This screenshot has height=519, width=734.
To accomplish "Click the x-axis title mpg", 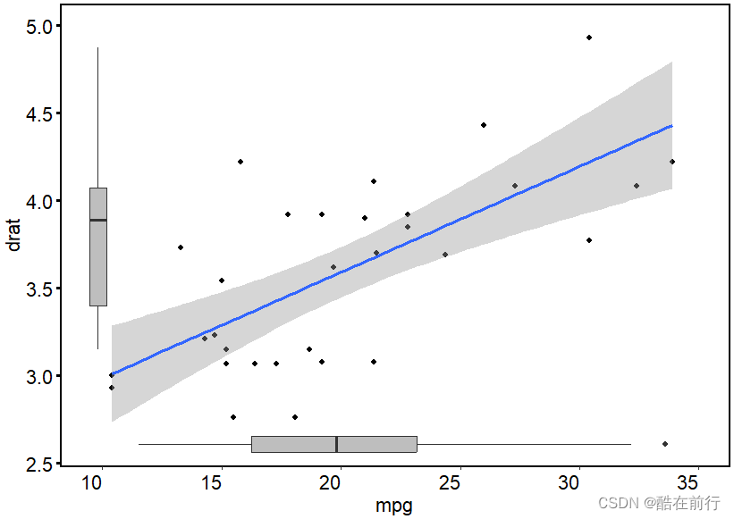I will [394, 506].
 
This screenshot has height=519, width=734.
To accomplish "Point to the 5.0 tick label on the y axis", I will [38, 27].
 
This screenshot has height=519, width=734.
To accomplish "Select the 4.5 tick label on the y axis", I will [38, 114].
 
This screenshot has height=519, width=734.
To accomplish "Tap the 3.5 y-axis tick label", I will [38, 289].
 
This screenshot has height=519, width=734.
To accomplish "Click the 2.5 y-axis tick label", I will [38, 464].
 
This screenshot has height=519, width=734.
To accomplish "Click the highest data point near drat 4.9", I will [589, 38].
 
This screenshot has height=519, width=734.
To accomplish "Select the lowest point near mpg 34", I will [665, 444].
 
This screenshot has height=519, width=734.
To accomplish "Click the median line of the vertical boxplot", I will [98, 220].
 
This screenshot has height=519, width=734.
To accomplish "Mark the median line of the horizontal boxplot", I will [336, 444].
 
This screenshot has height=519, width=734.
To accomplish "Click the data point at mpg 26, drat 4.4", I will [484, 125].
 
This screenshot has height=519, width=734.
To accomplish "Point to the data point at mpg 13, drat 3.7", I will [181, 247].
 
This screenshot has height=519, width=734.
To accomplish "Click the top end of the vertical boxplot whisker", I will [98, 48].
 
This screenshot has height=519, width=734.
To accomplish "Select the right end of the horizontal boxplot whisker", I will [631, 444].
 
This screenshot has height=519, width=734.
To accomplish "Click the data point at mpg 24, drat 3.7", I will [445, 255].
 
